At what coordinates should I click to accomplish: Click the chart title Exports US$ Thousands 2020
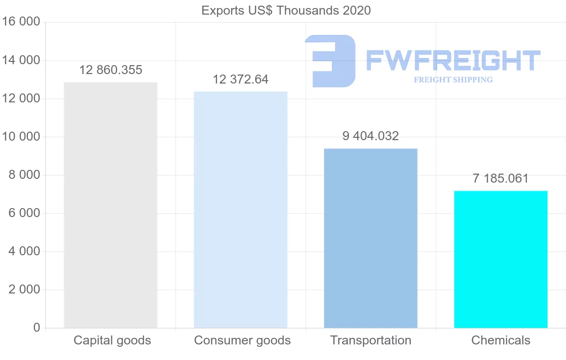(x=286, y=10)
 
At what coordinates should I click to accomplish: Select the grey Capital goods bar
(x=110, y=205)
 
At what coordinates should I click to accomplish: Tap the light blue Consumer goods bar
(x=241, y=210)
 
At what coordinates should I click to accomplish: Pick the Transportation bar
(x=371, y=238)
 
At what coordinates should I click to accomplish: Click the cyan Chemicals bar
(x=501, y=260)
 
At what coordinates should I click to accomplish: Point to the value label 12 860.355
(x=110, y=70)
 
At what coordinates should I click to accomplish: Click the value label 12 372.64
(x=241, y=79)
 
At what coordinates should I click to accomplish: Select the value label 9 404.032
(x=371, y=136)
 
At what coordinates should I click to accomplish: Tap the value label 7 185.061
(x=501, y=179)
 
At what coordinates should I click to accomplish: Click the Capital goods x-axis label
(x=112, y=340)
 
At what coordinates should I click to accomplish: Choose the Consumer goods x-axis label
(x=242, y=340)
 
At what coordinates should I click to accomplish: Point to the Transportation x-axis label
(x=371, y=340)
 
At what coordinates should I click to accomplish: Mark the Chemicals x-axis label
(x=501, y=340)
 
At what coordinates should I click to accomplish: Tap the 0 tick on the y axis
(x=37, y=328)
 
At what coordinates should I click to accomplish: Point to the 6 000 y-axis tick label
(x=24, y=213)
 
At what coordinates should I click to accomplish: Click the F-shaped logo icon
(x=330, y=60)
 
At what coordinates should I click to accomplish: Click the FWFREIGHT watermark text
(x=453, y=60)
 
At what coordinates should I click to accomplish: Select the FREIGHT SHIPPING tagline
(x=453, y=80)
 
